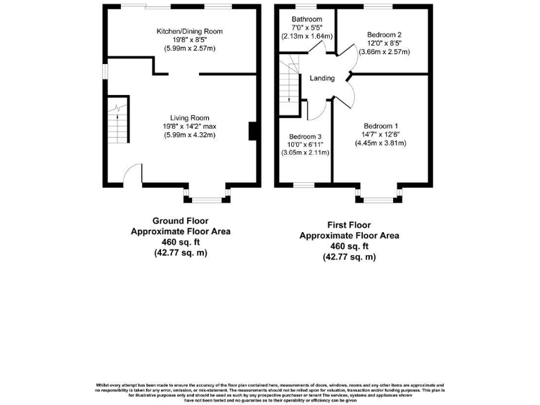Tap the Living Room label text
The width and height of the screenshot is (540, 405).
point(189,117)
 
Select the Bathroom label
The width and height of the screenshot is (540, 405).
point(307,19)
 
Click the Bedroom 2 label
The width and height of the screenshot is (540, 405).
point(384,34)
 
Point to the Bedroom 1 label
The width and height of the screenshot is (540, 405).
point(380,125)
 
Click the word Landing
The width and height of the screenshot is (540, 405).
point(322,78)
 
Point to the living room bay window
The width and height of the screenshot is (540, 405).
point(207,198)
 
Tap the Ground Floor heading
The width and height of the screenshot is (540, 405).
point(180,220)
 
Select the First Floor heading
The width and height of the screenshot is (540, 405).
point(349,225)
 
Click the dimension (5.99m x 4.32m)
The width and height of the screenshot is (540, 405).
point(189,134)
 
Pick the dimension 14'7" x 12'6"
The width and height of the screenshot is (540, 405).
point(380,134)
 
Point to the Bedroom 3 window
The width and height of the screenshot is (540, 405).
point(304,186)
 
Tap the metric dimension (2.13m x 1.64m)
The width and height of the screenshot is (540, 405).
point(307,36)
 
